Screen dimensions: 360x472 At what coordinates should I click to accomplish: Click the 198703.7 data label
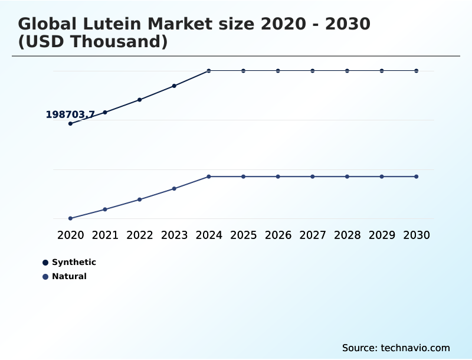coord(70,114)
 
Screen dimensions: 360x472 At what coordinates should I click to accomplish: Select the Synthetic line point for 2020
coord(70,123)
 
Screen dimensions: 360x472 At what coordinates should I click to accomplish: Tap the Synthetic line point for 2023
coord(174,86)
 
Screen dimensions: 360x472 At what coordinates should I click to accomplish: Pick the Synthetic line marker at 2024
coord(209,71)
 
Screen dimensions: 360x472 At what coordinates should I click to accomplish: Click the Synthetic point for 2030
coord(417,71)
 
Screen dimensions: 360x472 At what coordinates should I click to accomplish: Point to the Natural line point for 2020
coord(70,218)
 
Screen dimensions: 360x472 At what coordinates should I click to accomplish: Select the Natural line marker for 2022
coord(140,199)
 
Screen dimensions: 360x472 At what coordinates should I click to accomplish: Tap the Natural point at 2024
coord(209,176)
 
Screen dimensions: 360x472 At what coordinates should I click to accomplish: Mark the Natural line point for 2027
coord(313,176)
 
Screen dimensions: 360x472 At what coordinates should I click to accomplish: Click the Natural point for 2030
coord(417,176)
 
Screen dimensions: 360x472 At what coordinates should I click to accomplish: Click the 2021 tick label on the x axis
coord(105,235)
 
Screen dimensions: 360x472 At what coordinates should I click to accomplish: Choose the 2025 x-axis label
coord(243,235)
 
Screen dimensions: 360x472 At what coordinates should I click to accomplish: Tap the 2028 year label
coord(347,235)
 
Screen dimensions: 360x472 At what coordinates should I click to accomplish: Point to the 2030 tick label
coord(417,235)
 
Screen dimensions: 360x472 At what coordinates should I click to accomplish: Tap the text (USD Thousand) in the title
coord(93,42)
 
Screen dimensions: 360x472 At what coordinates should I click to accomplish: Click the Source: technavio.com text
coord(396,348)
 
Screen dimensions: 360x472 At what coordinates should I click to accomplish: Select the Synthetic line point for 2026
coord(278,71)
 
